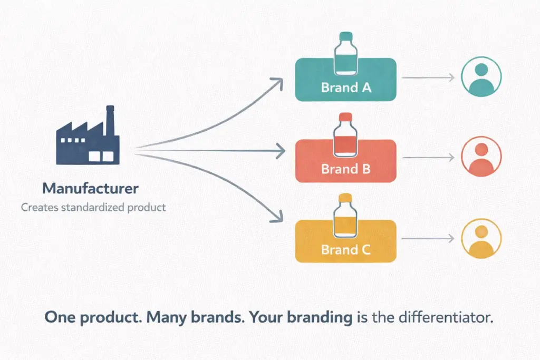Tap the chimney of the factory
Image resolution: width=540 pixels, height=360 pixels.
pos(110,123)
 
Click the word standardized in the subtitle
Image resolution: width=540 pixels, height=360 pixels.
pos(93,207)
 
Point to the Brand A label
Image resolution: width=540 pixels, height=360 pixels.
pos(346,87)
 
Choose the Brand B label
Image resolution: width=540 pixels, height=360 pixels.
pos(346,170)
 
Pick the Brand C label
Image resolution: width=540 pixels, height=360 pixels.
pos(346,250)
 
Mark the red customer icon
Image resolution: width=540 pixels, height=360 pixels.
pos(481,157)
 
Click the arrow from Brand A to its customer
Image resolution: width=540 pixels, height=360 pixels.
pos(428,77)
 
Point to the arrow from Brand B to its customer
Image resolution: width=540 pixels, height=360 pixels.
pos(428,158)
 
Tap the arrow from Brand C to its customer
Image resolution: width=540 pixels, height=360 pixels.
pos(428,238)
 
